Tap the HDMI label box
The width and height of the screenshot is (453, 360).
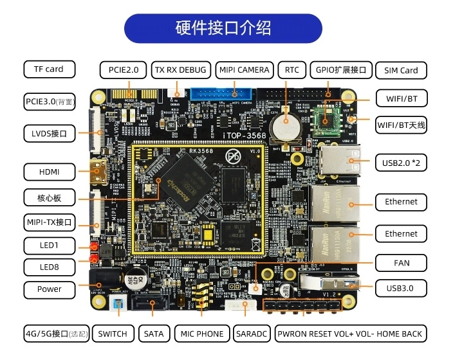pos(49,172)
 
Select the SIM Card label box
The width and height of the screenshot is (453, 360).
pos(401,70)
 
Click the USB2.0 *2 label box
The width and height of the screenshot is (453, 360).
pos(401,163)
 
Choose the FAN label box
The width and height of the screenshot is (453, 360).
pos(401,262)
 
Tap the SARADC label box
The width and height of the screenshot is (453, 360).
pos(247,333)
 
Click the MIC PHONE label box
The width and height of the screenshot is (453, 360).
pos(202,333)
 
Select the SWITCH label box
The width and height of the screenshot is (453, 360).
pos(113,333)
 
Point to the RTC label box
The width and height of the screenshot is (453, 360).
pos(291,69)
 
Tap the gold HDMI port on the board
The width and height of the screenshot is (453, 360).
pos(100,171)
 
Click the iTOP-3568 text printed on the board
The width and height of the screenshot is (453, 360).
pos(244,137)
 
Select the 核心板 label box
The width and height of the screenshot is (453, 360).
pos(49,197)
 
